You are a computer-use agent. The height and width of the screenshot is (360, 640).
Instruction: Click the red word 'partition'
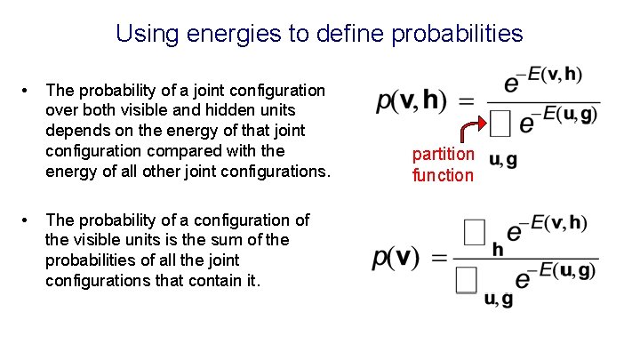443,155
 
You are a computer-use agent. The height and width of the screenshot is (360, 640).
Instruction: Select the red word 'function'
443,175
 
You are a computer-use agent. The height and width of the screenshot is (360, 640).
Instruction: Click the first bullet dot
29,91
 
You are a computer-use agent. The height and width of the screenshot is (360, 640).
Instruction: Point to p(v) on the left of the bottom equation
396,258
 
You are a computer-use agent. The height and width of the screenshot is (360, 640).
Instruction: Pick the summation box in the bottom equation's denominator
466,280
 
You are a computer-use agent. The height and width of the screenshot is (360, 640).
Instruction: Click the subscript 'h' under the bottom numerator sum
498,250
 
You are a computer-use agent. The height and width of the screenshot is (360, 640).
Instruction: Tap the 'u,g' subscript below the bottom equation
498,300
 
